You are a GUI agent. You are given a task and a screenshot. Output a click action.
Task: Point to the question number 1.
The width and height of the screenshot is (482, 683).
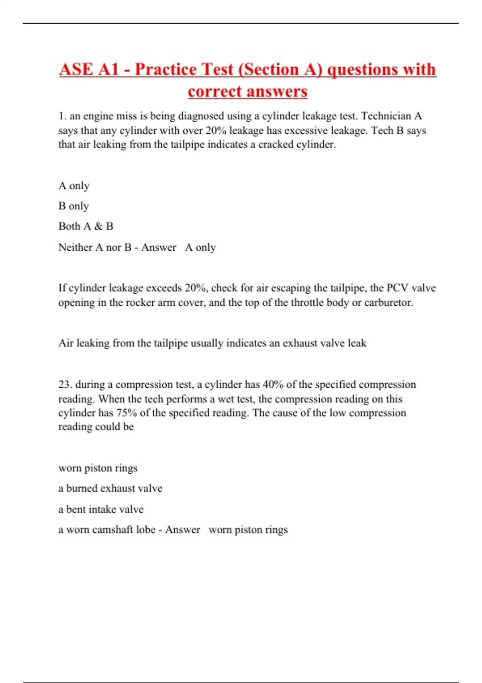tap(62, 116)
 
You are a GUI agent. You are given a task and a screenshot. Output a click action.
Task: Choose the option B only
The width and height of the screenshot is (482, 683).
tap(74, 206)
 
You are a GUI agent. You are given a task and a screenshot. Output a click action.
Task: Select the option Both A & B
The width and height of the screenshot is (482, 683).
tap(86, 226)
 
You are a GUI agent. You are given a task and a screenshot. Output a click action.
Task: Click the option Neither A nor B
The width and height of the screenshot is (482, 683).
tap(95, 247)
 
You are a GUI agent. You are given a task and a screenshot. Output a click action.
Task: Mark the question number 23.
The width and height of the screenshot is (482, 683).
tap(65, 384)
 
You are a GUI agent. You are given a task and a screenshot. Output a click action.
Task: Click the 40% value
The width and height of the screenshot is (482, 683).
tap(273, 384)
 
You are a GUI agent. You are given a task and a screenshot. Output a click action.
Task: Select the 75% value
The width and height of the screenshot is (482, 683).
tap(127, 413)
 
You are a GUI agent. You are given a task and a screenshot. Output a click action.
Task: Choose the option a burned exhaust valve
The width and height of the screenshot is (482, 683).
tap(110, 488)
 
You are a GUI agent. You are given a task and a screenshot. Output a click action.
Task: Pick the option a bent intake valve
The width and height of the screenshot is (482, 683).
tap(101, 509)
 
